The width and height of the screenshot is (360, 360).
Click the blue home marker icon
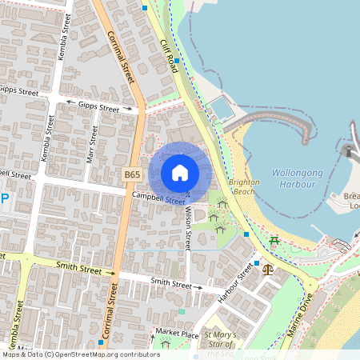pyautogui.click(x=180, y=173)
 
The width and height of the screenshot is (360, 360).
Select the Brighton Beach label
pyautogui.click(x=244, y=187)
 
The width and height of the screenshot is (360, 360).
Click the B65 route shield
pyautogui.click(x=133, y=174)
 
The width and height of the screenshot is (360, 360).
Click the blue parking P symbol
pyautogui.click(x=4, y=200)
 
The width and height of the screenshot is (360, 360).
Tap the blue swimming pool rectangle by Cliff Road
pyautogui.click(x=222, y=109)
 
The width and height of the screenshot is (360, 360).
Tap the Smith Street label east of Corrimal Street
pyautogui.click(x=171, y=283)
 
